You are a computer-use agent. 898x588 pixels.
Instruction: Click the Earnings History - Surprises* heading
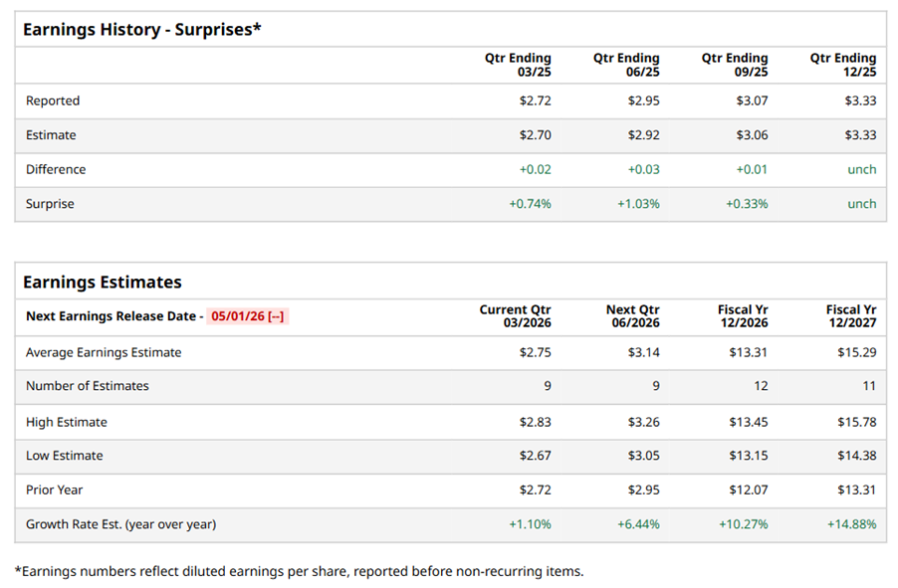141,29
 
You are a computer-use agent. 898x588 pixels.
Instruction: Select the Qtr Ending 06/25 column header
626,65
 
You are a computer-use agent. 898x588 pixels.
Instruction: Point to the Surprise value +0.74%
530,204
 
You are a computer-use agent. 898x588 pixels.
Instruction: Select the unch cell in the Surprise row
861,204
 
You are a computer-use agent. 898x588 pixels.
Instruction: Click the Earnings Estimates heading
103,283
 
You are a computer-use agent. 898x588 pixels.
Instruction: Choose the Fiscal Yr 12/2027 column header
851,316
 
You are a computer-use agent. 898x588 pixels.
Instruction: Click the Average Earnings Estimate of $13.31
748,352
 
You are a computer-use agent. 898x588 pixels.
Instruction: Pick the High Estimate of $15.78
856,422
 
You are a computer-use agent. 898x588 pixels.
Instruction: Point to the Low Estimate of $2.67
535,456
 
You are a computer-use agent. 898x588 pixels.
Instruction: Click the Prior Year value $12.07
748,490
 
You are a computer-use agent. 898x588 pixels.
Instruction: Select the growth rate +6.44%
638,524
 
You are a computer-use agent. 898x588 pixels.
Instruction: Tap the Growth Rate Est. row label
120,524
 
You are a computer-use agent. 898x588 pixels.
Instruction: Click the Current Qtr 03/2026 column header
515,316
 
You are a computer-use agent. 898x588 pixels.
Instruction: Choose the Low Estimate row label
65,456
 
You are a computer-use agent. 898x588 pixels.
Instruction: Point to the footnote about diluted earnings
299,571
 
